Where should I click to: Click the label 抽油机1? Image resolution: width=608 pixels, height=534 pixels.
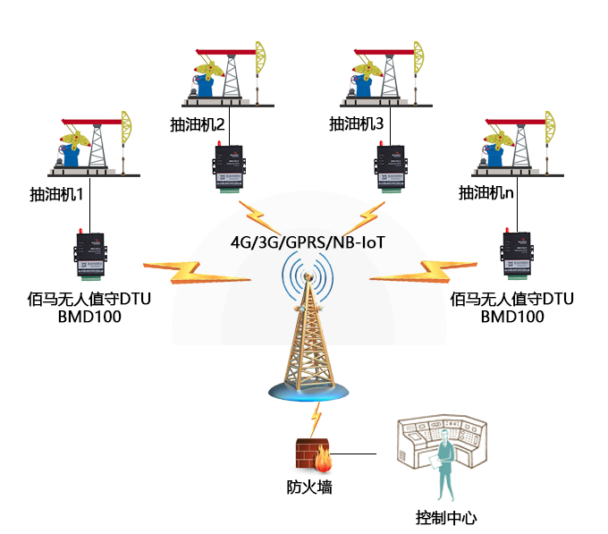(x=55, y=193)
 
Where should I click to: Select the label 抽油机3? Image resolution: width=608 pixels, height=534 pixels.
(x=356, y=124)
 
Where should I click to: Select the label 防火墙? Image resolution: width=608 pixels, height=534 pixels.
(x=309, y=487)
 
